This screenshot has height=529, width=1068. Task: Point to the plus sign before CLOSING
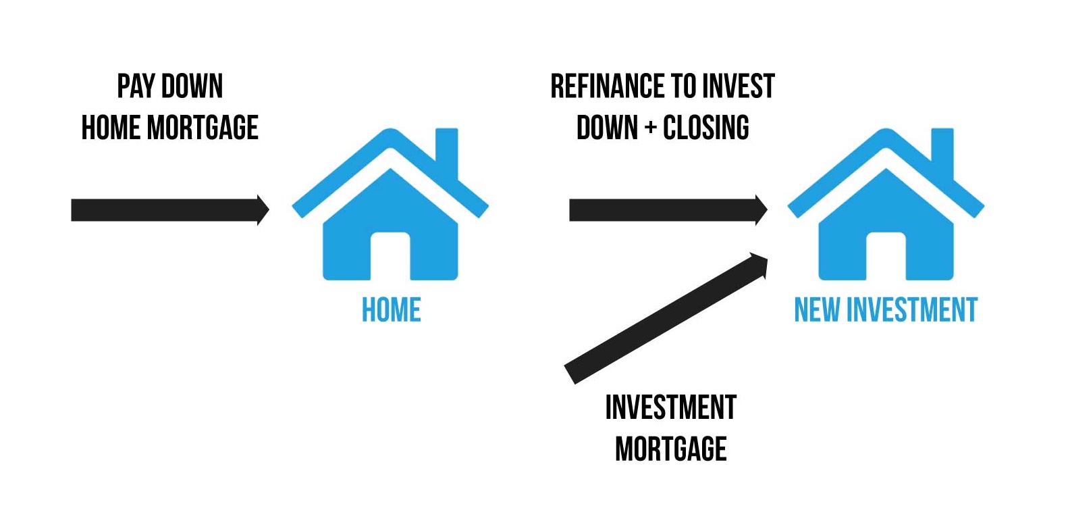[650, 128]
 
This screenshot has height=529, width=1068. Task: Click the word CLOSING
[706, 128]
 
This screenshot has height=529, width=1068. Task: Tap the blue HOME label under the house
[392, 309]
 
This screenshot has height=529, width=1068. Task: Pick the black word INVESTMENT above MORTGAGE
[671, 407]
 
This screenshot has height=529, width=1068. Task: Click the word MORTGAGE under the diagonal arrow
[671, 449]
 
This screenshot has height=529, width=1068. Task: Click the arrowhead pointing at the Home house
[263, 210]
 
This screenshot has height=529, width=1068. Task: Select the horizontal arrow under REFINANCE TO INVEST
[668, 210]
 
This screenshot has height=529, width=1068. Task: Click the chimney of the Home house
[447, 152]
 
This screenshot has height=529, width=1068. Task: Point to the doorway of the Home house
[390, 256]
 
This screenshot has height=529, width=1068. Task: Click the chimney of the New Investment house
[942, 152]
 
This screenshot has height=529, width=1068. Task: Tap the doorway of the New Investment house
[886, 256]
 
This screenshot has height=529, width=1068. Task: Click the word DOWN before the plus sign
[607, 128]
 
